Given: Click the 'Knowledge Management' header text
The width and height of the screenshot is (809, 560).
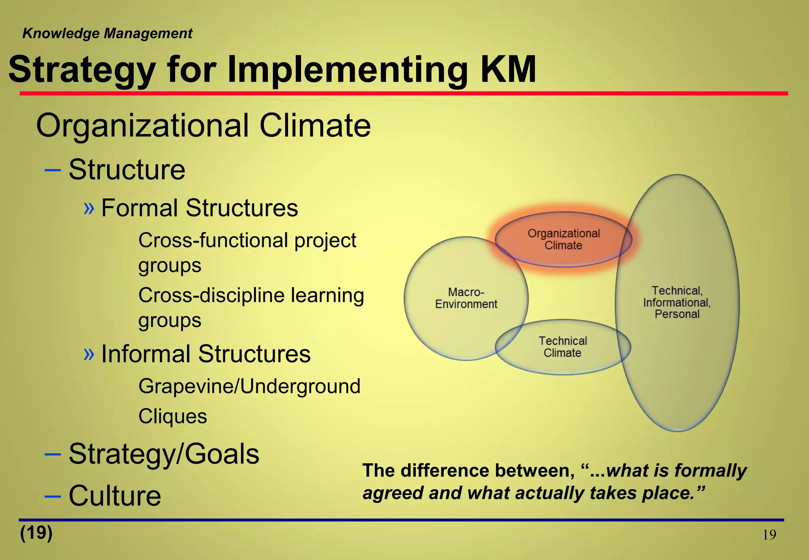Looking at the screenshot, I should point(107,34).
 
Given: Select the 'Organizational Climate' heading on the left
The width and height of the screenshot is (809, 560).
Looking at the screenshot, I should point(203,126).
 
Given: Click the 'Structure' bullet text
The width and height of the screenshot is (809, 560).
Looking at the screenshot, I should point(127,170).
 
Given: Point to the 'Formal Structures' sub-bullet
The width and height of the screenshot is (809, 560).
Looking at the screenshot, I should point(199,208).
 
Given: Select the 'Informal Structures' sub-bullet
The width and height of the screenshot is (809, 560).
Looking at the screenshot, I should point(206,353).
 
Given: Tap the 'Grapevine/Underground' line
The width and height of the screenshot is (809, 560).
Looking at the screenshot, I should point(249,386).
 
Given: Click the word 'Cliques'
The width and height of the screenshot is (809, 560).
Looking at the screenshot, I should point(173,416).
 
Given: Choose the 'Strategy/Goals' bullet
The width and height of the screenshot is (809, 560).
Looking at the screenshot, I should point(164,454).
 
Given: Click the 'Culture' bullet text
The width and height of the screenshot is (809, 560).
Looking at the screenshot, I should point(115,496).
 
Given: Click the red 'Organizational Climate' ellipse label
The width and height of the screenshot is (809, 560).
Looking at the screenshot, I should point(564,239).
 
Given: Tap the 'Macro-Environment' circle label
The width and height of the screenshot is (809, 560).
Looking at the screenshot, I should point(466,298).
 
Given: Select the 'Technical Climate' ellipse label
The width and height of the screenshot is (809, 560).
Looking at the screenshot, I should point(563,347).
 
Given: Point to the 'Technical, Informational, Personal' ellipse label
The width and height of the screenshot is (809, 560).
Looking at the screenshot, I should point(677,303).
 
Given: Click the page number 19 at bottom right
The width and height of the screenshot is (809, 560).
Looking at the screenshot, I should point(769,535).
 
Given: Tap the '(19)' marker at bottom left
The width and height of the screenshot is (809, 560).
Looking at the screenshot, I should point(36,533).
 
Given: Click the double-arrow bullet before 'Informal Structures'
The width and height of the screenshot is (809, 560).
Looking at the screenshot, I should point(89,353).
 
